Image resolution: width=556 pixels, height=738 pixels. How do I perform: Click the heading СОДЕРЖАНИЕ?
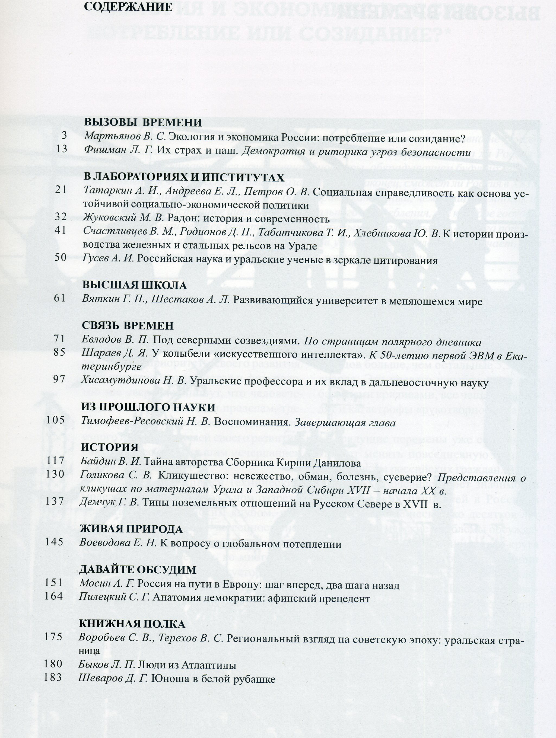coord(128,7)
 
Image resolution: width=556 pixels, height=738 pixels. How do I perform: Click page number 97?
coord(59,379)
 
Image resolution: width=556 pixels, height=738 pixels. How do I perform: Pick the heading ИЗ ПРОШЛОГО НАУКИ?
coord(148,408)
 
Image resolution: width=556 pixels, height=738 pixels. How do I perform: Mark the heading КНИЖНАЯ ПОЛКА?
coord(132,624)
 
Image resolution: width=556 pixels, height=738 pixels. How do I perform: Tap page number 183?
coord(53,668)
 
